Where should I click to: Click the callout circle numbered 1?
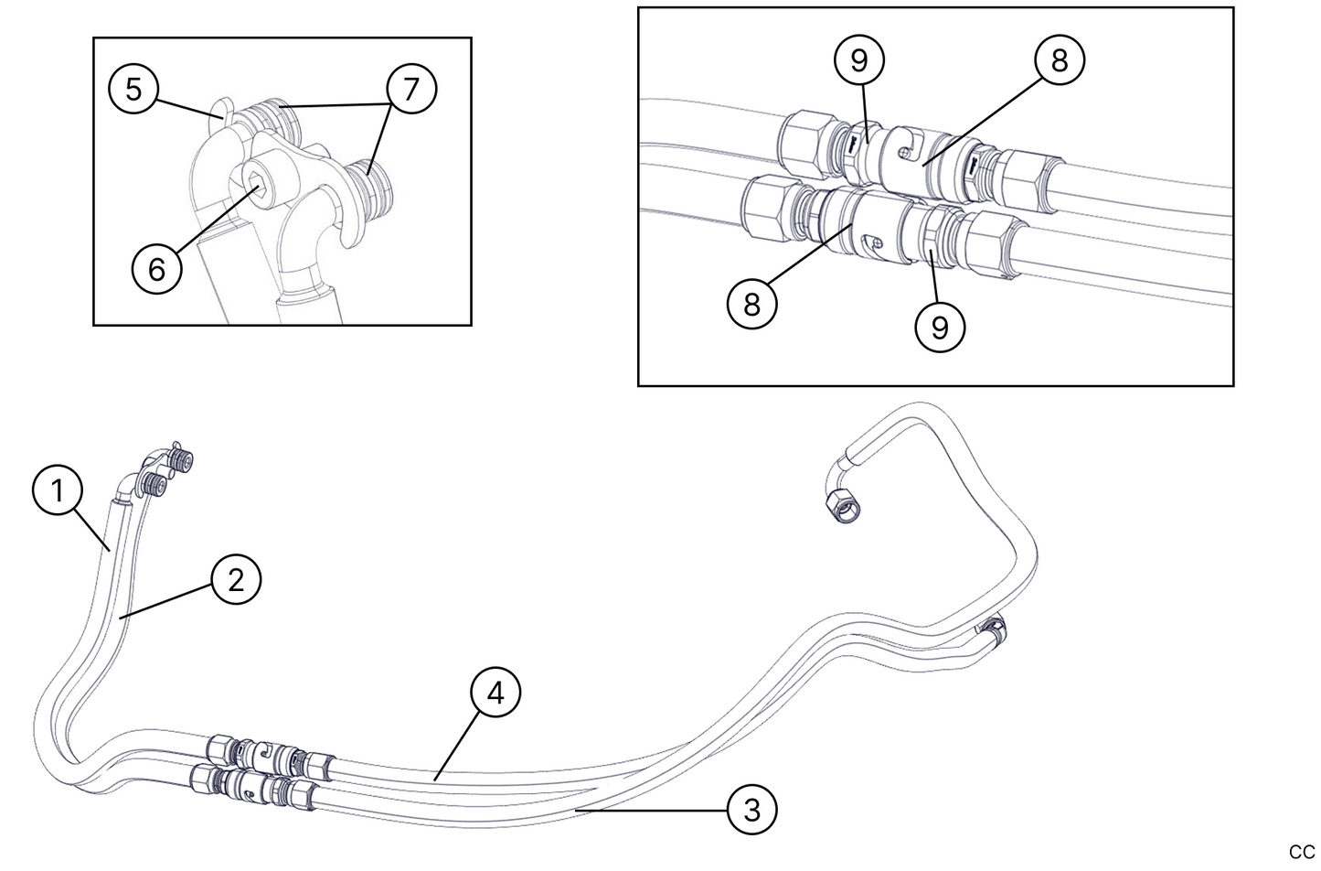point(57,491)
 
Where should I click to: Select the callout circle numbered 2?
point(236,579)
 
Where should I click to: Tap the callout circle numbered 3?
point(751,809)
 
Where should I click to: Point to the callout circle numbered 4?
point(495,693)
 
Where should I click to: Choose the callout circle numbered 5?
point(133,90)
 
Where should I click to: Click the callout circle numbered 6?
point(156,269)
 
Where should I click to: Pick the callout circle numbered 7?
point(410,90)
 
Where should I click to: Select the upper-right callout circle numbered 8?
point(1059,60)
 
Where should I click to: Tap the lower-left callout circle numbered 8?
point(751,304)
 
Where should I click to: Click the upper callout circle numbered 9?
point(858,60)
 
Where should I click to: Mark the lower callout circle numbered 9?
point(940,325)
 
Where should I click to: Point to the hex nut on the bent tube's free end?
point(840,507)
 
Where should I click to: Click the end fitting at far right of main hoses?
point(993,629)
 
